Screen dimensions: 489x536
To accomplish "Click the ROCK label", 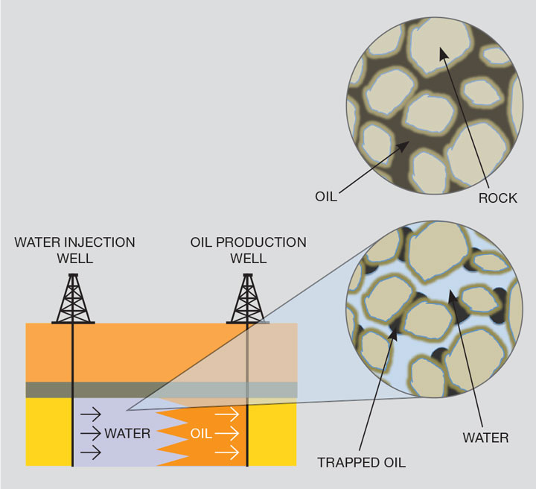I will tap(498, 198).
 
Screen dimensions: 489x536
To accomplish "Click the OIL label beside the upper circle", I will tap(326, 198).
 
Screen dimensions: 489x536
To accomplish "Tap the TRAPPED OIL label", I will tap(361, 462).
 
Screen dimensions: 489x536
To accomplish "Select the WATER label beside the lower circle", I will tap(485, 438).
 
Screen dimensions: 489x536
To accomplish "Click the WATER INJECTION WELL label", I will tap(74, 250).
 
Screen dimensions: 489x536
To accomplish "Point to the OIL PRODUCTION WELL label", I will tap(248, 250).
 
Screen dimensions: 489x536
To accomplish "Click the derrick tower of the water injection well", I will tap(73, 298).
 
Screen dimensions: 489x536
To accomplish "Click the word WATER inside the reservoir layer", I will tap(127, 433).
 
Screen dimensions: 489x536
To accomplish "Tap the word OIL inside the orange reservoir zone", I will tap(201, 433).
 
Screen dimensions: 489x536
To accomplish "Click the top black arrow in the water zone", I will tap(92, 413).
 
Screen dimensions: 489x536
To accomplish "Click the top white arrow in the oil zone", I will tap(226, 413).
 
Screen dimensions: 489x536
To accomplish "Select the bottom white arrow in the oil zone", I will tap(226, 452).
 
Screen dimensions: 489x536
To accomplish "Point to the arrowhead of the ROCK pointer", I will tap(442, 52).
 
